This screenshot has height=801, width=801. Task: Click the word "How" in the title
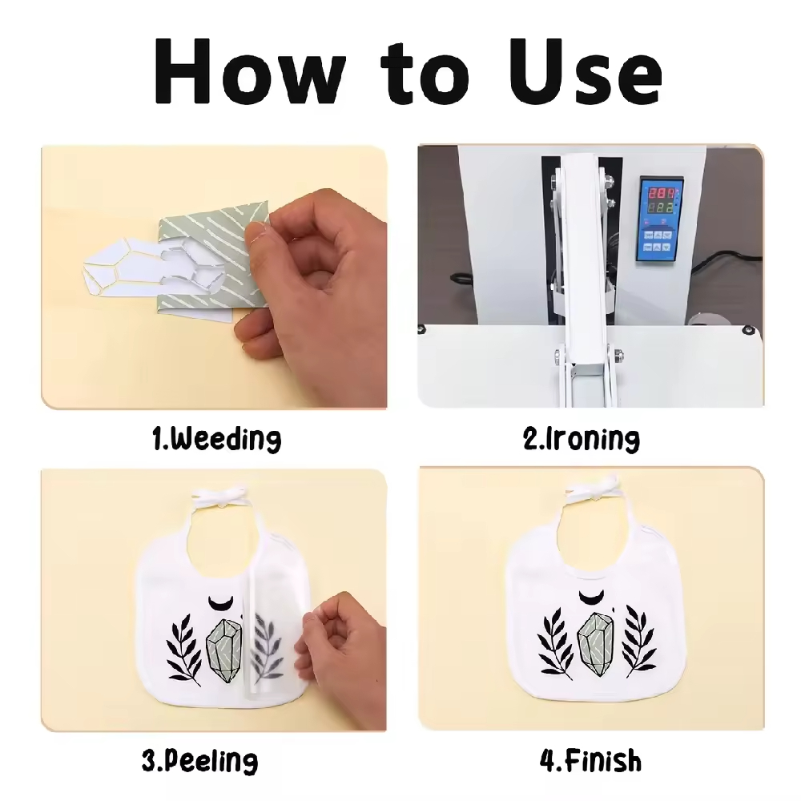(249, 71)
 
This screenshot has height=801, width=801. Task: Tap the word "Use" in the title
(586, 71)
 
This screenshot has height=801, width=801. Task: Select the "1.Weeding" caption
(216, 439)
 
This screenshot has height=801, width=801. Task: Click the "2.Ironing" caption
(582, 439)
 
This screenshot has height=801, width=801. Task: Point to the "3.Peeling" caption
(199, 761)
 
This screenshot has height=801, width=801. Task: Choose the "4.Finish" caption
(590, 760)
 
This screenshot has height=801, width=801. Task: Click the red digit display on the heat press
(663, 194)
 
